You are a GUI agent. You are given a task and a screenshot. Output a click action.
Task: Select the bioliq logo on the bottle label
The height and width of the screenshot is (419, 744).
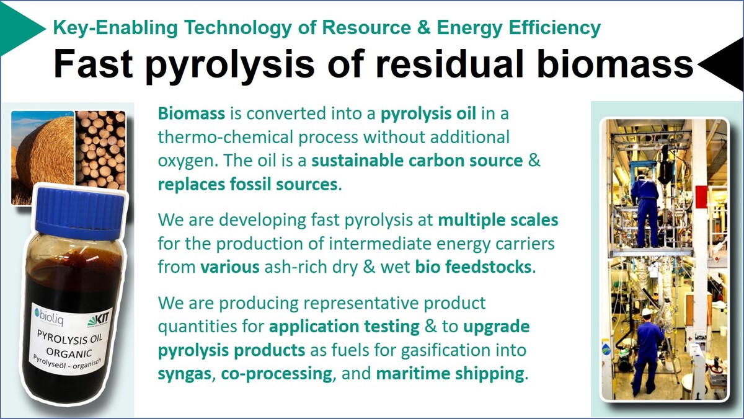(x=49, y=314)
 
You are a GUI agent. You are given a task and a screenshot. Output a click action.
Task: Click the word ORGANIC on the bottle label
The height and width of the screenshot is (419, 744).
(x=69, y=353)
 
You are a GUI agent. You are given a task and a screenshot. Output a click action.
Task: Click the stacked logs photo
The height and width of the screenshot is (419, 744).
(x=100, y=149)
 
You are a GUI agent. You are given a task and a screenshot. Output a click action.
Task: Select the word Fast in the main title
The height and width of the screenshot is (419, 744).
(x=93, y=64)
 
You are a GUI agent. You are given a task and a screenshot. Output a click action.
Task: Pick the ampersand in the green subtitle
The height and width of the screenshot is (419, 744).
(x=424, y=27)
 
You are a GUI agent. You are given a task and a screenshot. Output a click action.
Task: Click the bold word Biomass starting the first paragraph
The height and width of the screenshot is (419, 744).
(x=192, y=113)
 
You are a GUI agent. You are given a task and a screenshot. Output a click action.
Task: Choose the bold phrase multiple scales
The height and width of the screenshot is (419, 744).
(x=498, y=220)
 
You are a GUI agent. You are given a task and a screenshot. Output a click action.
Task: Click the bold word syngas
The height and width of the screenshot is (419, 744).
(x=185, y=374)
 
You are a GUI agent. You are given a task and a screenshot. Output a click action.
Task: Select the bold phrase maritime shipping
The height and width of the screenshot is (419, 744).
(x=449, y=374)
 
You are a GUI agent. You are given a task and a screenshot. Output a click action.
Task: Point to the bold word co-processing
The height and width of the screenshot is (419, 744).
(x=277, y=374)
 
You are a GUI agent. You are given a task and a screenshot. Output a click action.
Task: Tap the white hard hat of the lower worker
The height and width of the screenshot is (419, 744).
(x=646, y=312)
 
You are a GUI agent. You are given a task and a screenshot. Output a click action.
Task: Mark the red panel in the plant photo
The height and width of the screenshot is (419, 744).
(x=701, y=196)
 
